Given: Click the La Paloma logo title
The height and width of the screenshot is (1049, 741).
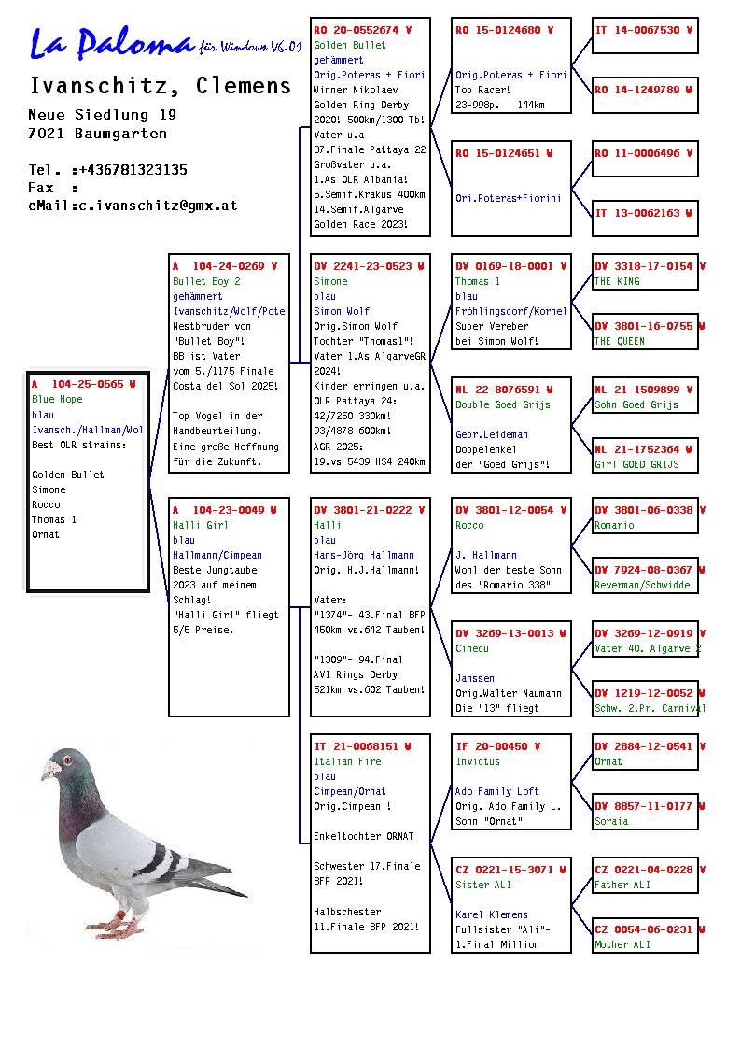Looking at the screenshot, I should point(112,43).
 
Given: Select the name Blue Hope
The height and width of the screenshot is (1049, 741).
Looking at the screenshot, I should point(57,399).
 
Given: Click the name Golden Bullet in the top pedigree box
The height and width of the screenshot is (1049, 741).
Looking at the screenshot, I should point(349,45).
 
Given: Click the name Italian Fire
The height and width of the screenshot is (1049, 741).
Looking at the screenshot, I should point(347,761).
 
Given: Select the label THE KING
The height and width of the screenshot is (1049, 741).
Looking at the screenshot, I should point(617,281).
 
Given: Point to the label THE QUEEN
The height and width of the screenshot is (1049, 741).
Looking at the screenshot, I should point(619,341).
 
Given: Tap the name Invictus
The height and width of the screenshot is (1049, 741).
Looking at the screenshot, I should point(477,761).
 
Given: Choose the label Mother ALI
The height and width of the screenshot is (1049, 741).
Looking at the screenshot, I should point(624,944).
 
